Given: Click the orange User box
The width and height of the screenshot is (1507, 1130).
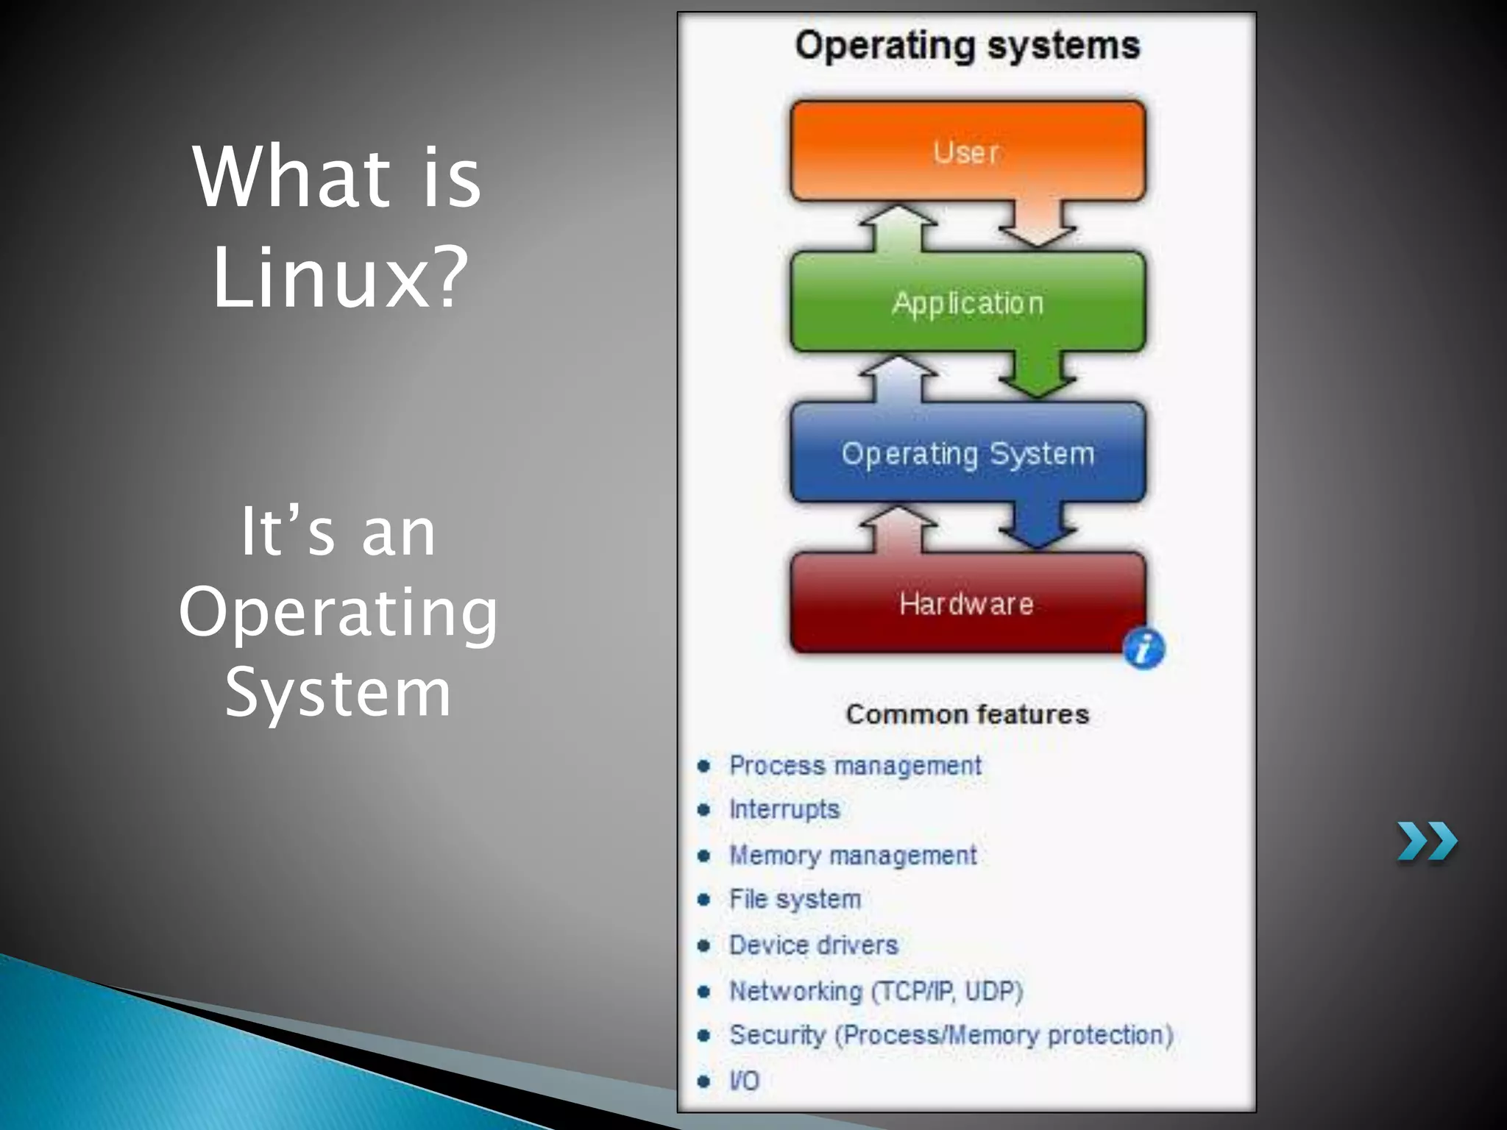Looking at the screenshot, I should click(967, 151).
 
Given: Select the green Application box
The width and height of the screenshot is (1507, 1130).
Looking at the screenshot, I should click(967, 302).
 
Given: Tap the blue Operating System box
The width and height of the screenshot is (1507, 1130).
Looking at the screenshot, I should click(967, 453).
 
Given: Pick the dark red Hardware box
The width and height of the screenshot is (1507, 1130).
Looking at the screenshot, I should click(967, 604).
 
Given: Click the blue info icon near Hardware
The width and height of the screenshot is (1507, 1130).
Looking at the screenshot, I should click(1143, 649).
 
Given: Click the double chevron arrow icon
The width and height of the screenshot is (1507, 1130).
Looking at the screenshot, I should click(1426, 842).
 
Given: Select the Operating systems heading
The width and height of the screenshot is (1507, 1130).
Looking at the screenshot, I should click(967, 46).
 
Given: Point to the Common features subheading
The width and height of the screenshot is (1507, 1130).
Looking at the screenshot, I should click(967, 714).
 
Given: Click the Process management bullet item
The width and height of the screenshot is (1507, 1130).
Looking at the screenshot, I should click(854, 766).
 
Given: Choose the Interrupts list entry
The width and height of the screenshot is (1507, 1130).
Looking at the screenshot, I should click(784, 809).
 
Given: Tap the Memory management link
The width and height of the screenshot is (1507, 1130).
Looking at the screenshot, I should click(852, 856).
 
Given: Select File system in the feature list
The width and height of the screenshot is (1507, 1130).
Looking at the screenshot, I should click(795, 900).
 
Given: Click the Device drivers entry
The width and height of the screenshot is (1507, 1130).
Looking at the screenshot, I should click(813, 945).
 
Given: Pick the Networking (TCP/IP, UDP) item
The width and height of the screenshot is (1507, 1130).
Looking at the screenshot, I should click(876, 991).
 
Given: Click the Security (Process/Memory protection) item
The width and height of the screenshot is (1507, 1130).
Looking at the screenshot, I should click(951, 1035).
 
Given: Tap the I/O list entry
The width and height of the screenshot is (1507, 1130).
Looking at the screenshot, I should click(743, 1081).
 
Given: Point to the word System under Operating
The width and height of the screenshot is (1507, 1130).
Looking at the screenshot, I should click(338, 692).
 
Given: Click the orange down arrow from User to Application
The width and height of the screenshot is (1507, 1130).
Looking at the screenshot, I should click(1037, 224).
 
